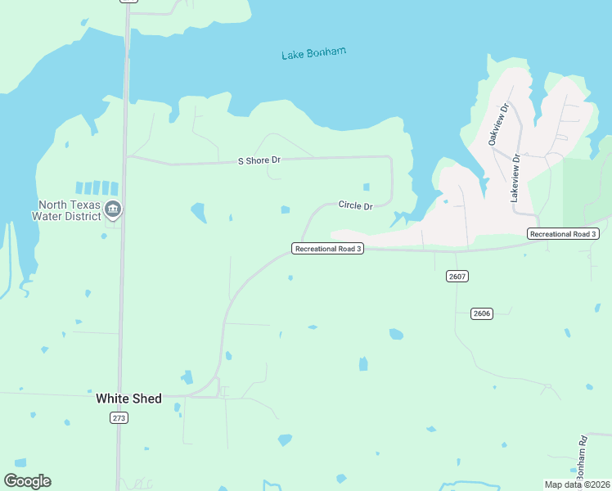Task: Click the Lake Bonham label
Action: click(313, 53)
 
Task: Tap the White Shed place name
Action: click(128, 399)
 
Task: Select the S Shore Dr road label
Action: click(259, 161)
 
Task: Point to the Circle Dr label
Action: click(355, 205)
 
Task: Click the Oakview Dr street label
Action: click(498, 124)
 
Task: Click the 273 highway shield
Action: click(119, 417)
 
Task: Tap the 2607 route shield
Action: click(457, 276)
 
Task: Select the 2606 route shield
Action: click(482, 313)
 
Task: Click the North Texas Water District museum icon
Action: click(113, 210)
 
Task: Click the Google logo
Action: click(27, 480)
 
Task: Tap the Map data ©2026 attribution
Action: click(576, 484)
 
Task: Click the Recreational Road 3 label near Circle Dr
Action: click(327, 248)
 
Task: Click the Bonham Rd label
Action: click(582, 457)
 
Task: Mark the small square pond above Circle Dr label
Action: click(366, 187)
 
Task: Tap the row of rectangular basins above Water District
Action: click(97, 188)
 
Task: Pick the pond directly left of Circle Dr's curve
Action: click(286, 210)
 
